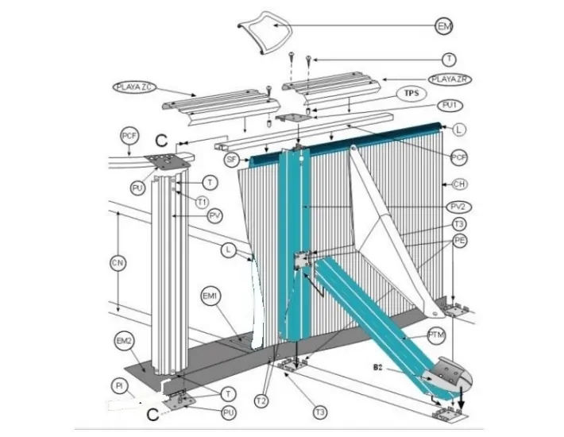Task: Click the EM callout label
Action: (446, 26)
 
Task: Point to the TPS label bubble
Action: (411, 93)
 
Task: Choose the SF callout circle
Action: (232, 160)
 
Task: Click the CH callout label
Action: (459, 184)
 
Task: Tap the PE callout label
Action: (459, 239)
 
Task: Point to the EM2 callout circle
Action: (123, 342)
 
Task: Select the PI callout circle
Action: (118, 385)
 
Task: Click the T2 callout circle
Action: (262, 400)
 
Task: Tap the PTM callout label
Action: (435, 335)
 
